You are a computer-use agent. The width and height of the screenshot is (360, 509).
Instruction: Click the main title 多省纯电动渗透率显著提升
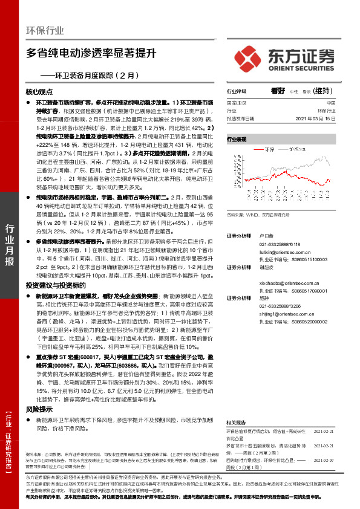click(91, 53)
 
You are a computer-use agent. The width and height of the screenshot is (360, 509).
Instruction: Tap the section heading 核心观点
click(39, 92)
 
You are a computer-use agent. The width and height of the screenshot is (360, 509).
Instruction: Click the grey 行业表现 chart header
click(237, 139)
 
